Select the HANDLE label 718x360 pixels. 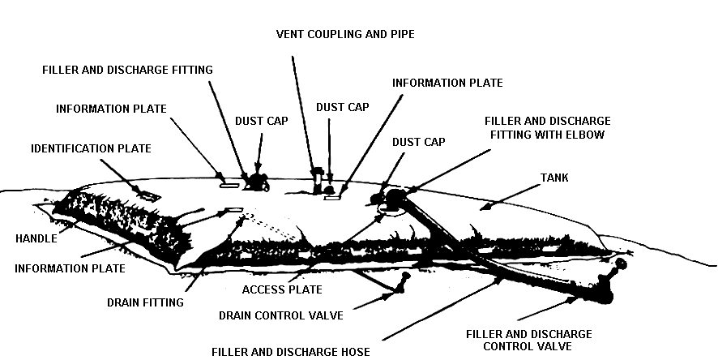click(36, 238)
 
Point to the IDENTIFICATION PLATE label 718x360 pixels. click(91, 148)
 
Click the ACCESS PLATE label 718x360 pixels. click(282, 289)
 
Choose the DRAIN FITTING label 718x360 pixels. click(145, 302)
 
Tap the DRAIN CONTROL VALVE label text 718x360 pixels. click(280, 315)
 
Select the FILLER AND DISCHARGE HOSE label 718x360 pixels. click(290, 352)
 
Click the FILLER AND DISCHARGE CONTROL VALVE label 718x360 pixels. click(529, 340)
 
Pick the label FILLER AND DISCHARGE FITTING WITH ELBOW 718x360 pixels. click(549, 127)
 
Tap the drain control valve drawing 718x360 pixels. click(400, 285)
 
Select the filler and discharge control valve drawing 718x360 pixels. click(608, 286)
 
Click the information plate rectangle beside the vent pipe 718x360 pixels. click(331, 195)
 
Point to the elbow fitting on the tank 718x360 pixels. click(395, 197)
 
